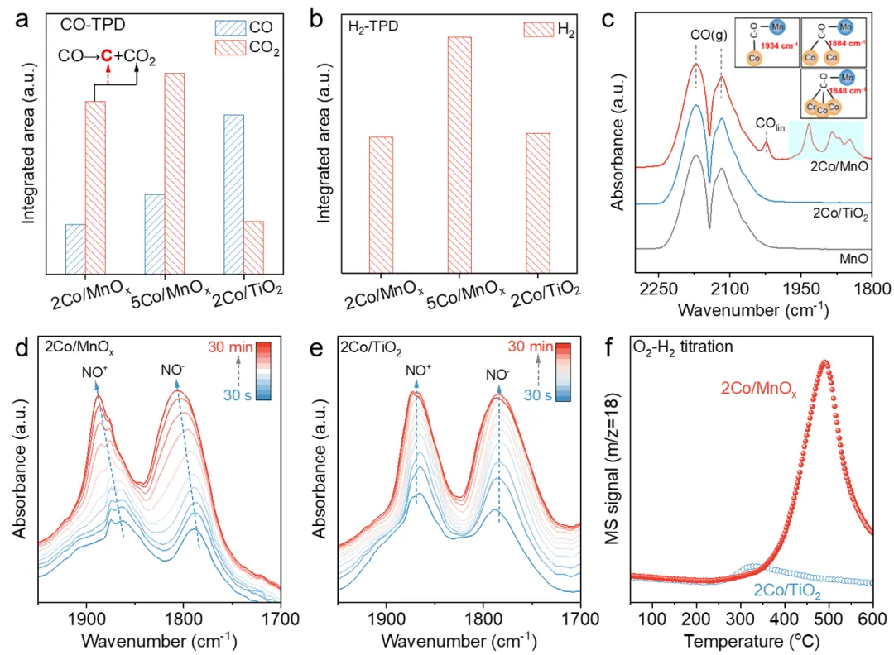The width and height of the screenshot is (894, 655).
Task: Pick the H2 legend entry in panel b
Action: pos(549,30)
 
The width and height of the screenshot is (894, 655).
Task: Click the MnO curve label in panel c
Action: pos(853,259)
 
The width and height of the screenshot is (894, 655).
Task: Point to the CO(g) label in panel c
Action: pos(709,36)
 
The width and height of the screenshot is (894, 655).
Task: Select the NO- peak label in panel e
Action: pos(497,373)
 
